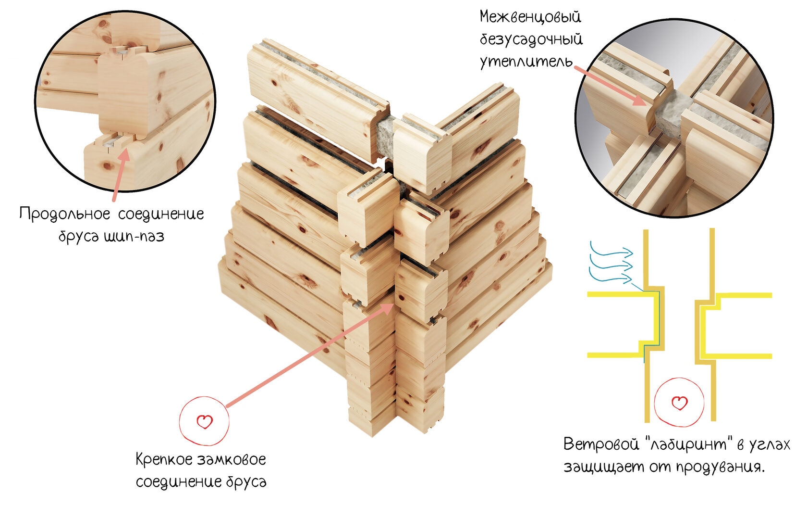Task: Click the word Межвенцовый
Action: click(x=530, y=16)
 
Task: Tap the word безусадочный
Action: click(x=531, y=39)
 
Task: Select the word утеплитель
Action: click(x=526, y=62)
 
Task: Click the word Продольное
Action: click(x=64, y=214)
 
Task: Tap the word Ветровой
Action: click(x=601, y=444)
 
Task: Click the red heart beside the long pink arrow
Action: click(x=204, y=421)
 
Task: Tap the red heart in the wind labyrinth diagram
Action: click(x=679, y=403)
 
